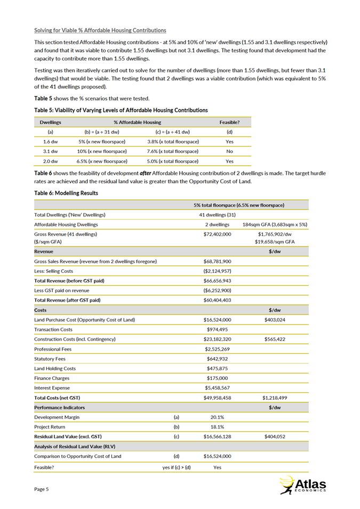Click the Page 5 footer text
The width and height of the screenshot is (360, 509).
(41, 489)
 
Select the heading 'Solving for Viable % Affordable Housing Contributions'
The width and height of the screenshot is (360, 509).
(100, 30)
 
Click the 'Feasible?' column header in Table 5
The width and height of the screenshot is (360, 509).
(229, 123)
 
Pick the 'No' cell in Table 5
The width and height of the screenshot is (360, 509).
(229, 151)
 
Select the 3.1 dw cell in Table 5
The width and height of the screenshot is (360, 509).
(50, 151)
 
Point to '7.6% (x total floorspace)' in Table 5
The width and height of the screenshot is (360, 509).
(173, 151)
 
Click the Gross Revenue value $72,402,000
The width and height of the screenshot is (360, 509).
(217, 234)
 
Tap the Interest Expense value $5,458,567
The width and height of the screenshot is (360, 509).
(217, 387)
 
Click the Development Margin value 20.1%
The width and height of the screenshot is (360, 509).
(217, 417)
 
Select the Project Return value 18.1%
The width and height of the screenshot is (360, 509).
(217, 427)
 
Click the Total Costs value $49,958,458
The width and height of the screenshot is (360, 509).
(217, 398)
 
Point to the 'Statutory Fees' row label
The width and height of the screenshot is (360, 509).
(51, 359)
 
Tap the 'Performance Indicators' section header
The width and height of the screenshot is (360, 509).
(59, 407)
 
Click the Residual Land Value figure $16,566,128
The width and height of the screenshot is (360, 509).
(217, 437)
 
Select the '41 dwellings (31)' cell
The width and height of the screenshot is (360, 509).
(217, 215)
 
